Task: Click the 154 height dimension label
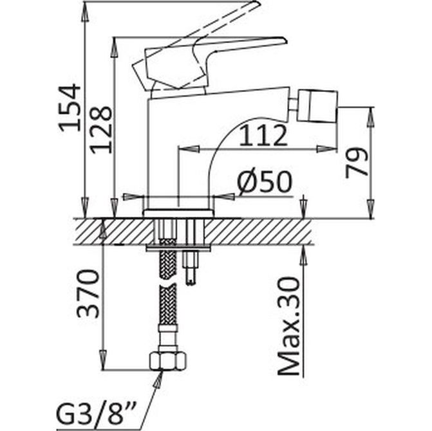(70, 109)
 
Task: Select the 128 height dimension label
(101, 129)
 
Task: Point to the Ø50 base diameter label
(265, 182)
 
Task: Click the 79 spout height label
(357, 163)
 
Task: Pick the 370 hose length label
(88, 294)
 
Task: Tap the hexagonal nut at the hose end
(168, 361)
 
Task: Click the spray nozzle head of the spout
(317, 105)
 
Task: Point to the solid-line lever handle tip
(285, 41)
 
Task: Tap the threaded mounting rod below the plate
(191, 268)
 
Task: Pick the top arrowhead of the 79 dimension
(371, 117)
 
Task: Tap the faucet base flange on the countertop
(178, 214)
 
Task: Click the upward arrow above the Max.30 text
(303, 255)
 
